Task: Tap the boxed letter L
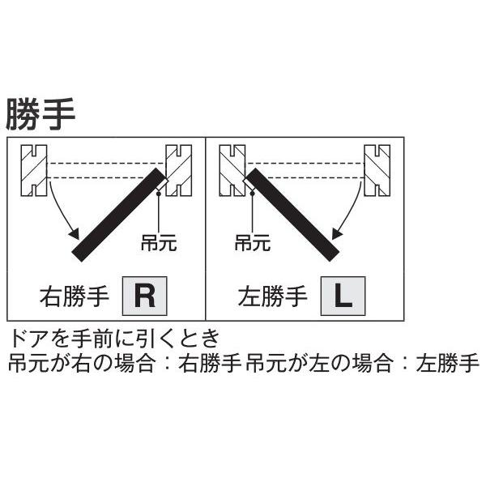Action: pos(343,296)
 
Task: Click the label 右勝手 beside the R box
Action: pos(74,296)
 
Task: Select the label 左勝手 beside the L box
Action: pos(273,296)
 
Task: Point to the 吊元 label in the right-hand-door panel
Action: pos(158,241)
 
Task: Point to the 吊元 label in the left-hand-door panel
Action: pos(253,241)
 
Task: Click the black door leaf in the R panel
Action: pos(118,215)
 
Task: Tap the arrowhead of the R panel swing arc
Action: pos(75,236)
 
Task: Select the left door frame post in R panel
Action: pos(36,171)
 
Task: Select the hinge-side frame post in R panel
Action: pos(178,169)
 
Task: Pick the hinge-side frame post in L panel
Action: pos(232,169)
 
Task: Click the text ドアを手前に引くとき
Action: pos(113,337)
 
